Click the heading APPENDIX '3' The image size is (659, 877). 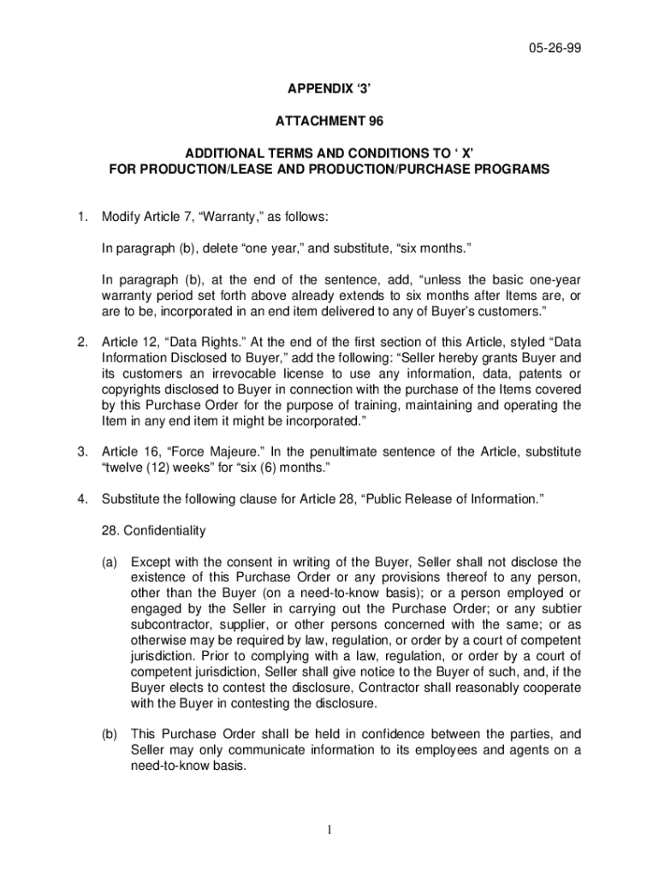click(329, 87)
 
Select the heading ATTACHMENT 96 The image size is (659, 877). click(329, 121)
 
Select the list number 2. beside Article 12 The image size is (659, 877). click(82, 343)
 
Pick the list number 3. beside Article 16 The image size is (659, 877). click(82, 451)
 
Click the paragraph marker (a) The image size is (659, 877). click(110, 563)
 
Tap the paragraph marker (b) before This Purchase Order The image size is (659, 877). click(110, 734)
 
